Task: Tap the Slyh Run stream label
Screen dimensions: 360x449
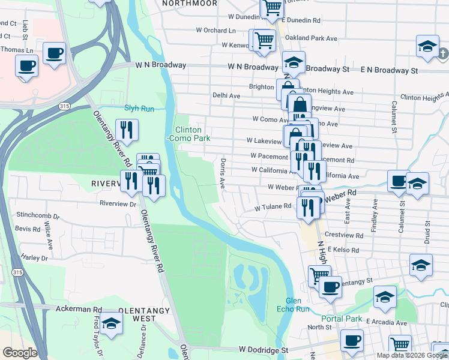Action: coord(139,109)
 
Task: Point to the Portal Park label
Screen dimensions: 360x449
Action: coord(342,319)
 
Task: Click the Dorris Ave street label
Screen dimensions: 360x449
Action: coord(222,174)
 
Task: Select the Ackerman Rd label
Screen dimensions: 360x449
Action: coord(79,309)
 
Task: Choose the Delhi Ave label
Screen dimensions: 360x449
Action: coord(226,95)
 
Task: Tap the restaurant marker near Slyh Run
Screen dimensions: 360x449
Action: coord(127,130)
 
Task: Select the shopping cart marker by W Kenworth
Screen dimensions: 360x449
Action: coord(264,40)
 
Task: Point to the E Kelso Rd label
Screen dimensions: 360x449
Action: coord(342,250)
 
